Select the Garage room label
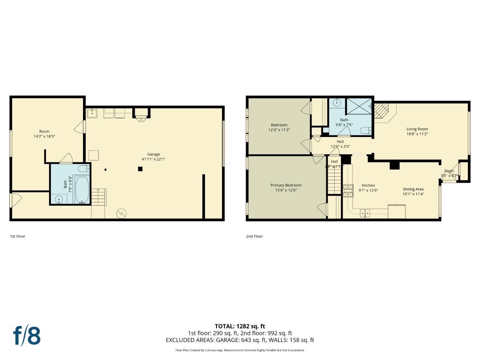tap(154, 154)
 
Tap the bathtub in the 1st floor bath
tap(82, 189)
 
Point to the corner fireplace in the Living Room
tap(382, 111)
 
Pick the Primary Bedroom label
tap(286, 185)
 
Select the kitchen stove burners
tap(348, 190)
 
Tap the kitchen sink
tap(365, 213)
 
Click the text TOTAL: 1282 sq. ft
tap(240, 326)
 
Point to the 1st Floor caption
tap(18, 236)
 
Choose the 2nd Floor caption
tap(254, 236)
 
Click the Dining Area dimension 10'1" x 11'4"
tap(413, 194)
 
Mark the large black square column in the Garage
tap(140, 169)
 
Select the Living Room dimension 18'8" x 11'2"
tap(417, 134)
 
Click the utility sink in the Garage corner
tap(92, 113)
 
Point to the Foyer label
tap(449, 171)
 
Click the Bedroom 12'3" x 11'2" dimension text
tap(279, 130)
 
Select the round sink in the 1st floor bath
tap(59, 200)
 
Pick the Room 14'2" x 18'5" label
tap(44, 131)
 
